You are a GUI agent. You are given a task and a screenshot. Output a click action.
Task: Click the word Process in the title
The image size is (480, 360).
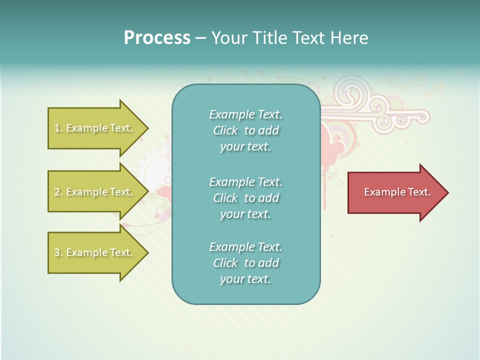pos(157,38)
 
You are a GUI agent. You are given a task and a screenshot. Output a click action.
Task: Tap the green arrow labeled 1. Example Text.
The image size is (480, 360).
pos(95,128)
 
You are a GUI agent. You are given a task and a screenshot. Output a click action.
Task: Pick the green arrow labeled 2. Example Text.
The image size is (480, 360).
pos(95,192)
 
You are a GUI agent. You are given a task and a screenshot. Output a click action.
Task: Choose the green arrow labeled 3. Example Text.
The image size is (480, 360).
pos(95,252)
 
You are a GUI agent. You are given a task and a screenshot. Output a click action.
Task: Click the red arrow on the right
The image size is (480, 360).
pos(395,192)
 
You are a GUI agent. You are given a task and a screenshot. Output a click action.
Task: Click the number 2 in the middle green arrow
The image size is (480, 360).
pos(57,192)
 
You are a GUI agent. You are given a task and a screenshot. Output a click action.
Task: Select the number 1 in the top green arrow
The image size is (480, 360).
pos(57,128)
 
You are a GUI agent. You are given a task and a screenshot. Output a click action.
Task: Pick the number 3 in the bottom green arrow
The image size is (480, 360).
pos(57,252)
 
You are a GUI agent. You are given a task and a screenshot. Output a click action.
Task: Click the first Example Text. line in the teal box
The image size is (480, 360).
pos(245,114)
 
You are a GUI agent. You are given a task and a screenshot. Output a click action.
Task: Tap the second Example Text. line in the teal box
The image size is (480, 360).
pos(245,181)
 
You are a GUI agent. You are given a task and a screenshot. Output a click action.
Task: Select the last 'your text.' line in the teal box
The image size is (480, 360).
pos(245,279)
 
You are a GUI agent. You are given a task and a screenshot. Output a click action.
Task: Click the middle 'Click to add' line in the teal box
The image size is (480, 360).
pos(245,198)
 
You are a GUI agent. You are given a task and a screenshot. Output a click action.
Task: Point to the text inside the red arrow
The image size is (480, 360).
pos(397,192)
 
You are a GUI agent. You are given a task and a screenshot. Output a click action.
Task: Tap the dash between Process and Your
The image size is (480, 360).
pos(201,38)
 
